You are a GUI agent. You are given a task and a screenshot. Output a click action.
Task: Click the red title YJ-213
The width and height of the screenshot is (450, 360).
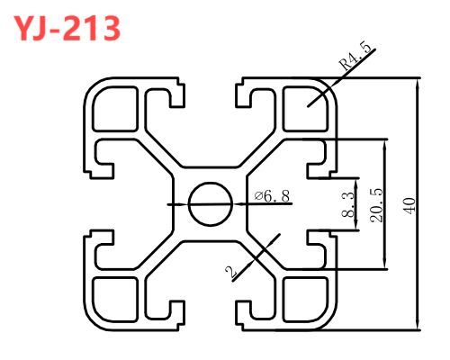click(67, 28)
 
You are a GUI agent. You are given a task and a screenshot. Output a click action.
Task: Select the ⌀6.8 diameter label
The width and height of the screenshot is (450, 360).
click(272, 196)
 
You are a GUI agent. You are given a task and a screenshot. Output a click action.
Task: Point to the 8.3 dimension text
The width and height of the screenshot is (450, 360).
click(348, 205)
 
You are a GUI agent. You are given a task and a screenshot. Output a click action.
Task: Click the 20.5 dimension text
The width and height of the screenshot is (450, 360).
click(377, 205)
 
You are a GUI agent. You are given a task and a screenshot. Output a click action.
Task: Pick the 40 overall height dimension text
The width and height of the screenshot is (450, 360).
click(409, 206)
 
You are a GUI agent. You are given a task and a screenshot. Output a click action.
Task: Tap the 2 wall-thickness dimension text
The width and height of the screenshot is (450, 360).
click(231, 272)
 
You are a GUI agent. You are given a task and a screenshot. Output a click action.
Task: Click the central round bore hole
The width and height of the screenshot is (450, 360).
click(211, 204)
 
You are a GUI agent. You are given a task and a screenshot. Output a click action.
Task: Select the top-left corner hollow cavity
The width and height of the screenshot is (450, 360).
click(115, 109)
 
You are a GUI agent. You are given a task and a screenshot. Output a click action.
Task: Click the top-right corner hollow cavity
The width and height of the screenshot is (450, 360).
click(305, 109)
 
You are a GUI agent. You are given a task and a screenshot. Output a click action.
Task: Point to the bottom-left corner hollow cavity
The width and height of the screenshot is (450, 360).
click(115, 300)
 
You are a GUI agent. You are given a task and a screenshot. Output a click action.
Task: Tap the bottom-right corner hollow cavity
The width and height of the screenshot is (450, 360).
click(305, 300)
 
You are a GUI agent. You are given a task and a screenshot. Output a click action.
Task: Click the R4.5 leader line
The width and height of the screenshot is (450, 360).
click(341, 77)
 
